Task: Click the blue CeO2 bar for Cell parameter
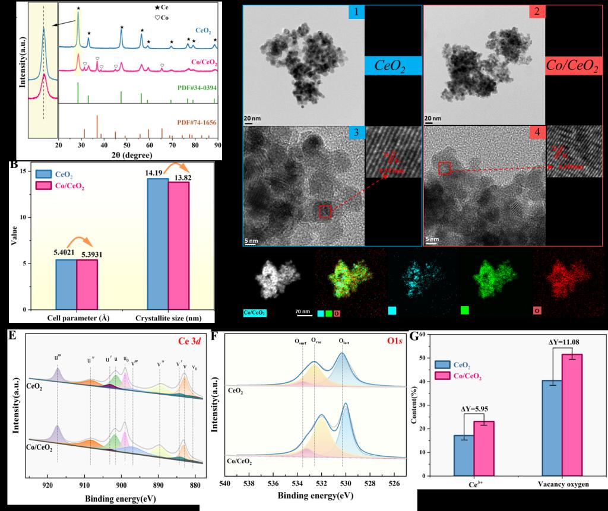pyautogui.click(x=66, y=284)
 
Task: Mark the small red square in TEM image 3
pyautogui.click(x=325, y=211)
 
